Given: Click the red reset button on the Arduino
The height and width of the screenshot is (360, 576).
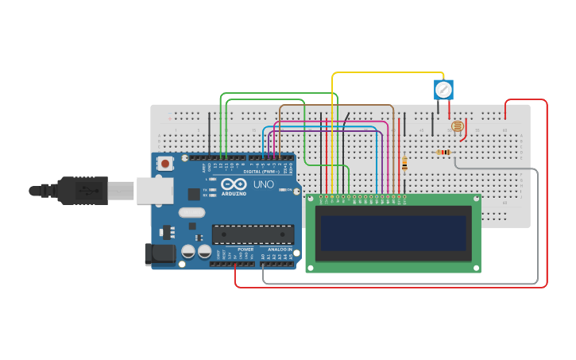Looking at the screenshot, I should tap(165, 164).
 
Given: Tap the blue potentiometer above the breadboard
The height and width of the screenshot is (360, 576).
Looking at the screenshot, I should tap(443, 89).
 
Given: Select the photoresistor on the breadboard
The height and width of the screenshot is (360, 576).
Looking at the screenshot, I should tap(457, 126).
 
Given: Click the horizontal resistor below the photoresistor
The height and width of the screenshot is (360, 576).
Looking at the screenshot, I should tap(443, 153).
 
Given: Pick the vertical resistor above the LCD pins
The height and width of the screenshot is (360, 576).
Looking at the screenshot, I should tap(404, 164).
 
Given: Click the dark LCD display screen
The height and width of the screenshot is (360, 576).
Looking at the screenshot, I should tap(393, 233).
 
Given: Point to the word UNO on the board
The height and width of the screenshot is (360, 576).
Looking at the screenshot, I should tap(264, 184).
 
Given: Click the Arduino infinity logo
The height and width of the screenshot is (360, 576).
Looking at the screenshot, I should tap(234, 184).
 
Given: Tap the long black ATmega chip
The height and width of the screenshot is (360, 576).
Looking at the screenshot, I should tap(253, 234).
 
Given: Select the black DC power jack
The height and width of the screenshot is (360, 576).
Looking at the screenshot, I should tap(159, 254).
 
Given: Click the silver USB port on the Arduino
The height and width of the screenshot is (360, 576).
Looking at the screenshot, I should tap(154, 191).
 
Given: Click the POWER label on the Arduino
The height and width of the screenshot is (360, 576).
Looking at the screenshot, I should tap(245, 250).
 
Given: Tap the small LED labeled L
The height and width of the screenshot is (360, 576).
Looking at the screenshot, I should tap(213, 180).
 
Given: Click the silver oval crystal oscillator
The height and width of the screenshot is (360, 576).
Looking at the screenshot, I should tap(191, 212).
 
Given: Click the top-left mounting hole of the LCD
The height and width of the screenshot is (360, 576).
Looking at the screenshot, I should tap(311, 199).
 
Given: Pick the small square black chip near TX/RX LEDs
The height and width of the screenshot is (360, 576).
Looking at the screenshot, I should tap(194, 193).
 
